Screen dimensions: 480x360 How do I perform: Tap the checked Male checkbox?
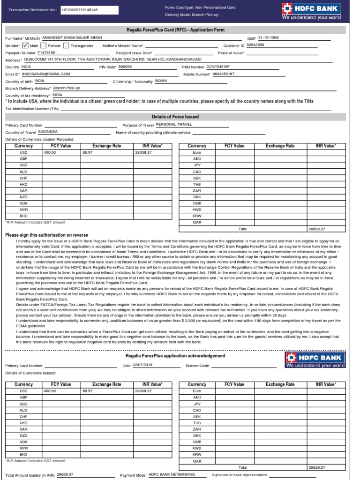click(25, 46)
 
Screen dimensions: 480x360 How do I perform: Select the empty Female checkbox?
click(43, 46)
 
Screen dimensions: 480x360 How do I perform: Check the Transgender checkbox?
click(66, 46)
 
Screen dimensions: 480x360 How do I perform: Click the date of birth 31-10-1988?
click(269, 38)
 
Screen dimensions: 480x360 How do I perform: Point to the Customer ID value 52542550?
click(255, 45)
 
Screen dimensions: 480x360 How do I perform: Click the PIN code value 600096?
click(125, 67)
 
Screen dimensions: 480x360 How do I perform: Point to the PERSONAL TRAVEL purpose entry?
click(173, 125)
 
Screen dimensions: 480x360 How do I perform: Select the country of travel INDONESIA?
click(48, 132)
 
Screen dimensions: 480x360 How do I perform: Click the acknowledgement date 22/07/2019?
click(143, 365)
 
